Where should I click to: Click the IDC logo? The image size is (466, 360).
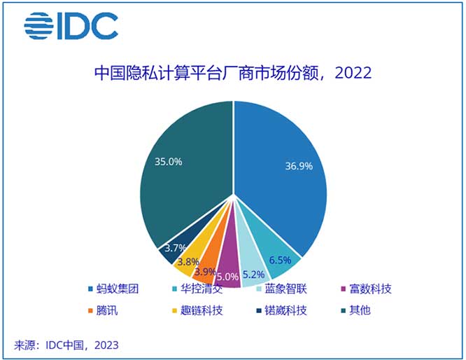pyautogui.click(x=71, y=26)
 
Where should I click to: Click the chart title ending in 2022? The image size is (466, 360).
pyautogui.click(x=232, y=72)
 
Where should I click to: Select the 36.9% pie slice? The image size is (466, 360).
pyautogui.click(x=287, y=175)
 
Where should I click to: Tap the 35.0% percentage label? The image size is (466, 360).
pyautogui.click(x=168, y=162)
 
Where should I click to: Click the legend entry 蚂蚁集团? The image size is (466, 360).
pyautogui.click(x=114, y=289)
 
